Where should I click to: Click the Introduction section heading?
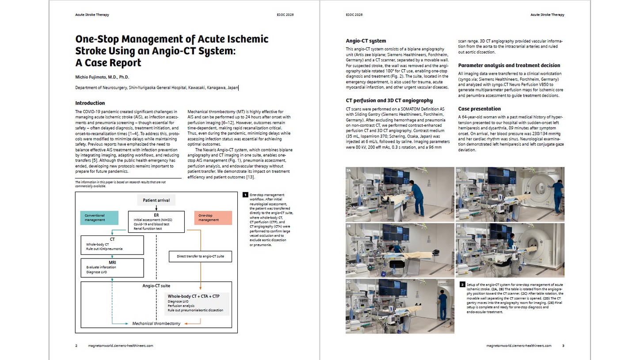point(90,103)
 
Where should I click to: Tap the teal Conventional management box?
point(100,218)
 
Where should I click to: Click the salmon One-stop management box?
point(213,218)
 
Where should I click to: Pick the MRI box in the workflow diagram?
point(112,268)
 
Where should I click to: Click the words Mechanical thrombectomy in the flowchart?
point(156,324)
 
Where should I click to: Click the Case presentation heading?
point(480,109)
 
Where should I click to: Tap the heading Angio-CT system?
point(366,41)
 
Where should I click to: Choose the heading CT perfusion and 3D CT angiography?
point(389,100)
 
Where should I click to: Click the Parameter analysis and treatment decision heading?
point(509,65)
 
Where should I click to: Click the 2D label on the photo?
point(459,170)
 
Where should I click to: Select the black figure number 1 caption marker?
point(245,194)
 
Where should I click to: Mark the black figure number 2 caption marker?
point(462,285)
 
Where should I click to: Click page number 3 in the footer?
point(563,346)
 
